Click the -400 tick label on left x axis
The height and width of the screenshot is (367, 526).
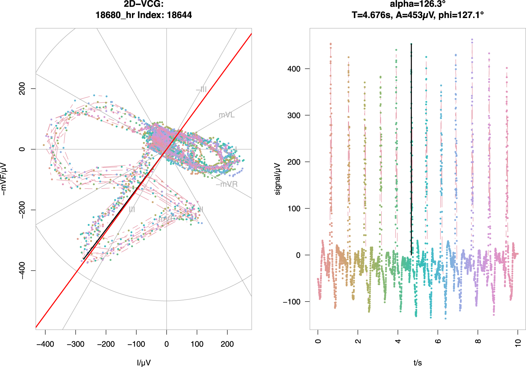tap(45, 344)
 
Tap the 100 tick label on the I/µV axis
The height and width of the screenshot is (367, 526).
tap(197, 344)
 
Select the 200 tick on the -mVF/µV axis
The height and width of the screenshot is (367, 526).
tap(22, 89)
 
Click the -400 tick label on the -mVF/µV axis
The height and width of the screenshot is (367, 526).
tap(22, 270)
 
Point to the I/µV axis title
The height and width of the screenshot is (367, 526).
tap(144, 363)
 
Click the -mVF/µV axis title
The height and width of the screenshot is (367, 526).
tap(4, 179)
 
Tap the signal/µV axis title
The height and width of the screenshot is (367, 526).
tap(277, 179)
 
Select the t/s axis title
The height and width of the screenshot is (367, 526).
tap(417, 363)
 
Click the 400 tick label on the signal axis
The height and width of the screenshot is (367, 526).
tap(294, 69)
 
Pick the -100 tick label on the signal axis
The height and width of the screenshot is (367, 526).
tap(292, 302)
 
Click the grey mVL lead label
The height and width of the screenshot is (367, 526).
tap(226, 115)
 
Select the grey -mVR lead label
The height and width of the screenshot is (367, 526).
tap(226, 184)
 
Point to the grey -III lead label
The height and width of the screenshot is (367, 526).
tap(201, 89)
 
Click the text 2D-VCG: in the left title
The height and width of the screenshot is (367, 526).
tap(144, 4)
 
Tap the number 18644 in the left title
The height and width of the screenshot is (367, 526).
tap(179, 15)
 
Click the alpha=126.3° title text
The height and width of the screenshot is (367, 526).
tap(417, 4)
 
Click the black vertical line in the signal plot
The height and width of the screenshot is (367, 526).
tap(411, 153)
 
